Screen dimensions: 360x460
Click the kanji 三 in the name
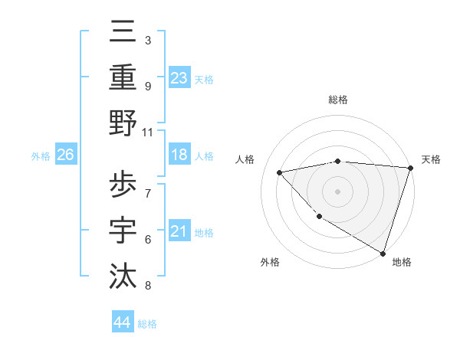pyautogui.click(x=124, y=34)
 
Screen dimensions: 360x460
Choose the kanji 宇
pyautogui.click(x=124, y=230)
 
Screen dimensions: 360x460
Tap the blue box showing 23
pyautogui.click(x=179, y=77)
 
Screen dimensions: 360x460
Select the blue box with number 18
pyautogui.click(x=179, y=155)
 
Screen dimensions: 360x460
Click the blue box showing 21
pyautogui.click(x=179, y=231)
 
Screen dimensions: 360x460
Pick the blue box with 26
pyautogui.click(x=65, y=155)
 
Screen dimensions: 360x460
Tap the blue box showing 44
pyautogui.click(x=122, y=322)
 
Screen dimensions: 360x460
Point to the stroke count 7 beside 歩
pyautogui.click(x=147, y=191)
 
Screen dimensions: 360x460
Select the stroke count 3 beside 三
pyautogui.click(x=147, y=40)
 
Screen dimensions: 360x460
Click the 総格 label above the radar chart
pyautogui.click(x=337, y=100)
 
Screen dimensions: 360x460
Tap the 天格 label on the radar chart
pyautogui.click(x=431, y=159)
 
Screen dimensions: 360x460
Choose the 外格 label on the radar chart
pyautogui.click(x=270, y=262)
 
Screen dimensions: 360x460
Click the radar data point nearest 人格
pyautogui.click(x=280, y=172)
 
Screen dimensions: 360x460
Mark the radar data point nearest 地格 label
pyautogui.click(x=383, y=253)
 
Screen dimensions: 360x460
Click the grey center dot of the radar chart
pyautogui.click(x=337, y=191)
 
